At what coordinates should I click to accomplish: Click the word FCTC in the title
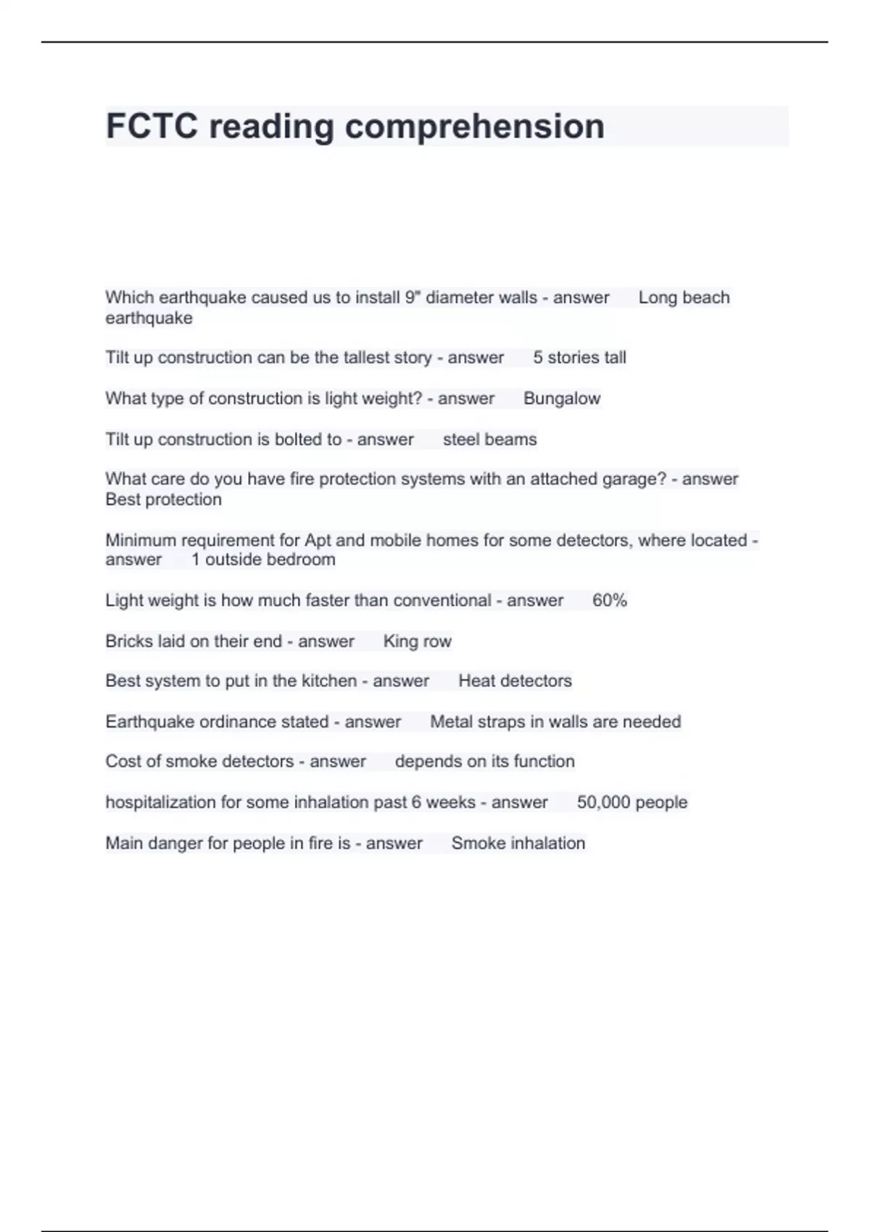point(152,126)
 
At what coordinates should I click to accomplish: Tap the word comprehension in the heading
point(475,126)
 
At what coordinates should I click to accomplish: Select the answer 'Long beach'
point(684,298)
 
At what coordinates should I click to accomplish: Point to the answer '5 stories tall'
point(579,358)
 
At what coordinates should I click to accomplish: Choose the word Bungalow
point(562,399)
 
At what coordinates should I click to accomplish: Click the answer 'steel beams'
point(489,440)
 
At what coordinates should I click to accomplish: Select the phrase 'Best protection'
point(163,499)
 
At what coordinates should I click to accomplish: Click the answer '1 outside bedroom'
point(263,559)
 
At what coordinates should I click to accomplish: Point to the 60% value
point(609,601)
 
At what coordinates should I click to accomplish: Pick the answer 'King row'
point(417,641)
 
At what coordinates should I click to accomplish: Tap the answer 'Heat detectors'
point(515,681)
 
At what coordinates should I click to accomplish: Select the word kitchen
point(329,681)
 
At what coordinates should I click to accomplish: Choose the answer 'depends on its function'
point(484,762)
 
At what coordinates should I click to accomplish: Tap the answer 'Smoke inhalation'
point(518,844)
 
